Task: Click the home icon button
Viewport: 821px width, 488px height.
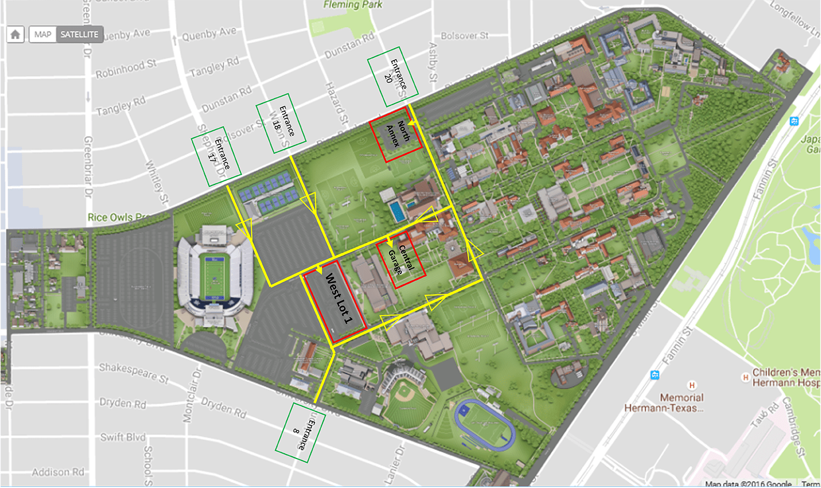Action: pos(15,34)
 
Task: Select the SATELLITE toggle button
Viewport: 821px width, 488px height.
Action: pos(79,34)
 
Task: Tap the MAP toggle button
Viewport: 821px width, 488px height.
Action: pos(43,34)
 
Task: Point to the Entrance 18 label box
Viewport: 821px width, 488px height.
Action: pos(281,124)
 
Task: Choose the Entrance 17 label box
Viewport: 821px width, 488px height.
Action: pos(216,157)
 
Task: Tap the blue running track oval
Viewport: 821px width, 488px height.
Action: pos(484,425)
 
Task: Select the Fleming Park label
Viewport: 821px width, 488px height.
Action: pos(352,5)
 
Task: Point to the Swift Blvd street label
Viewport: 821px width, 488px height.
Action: pos(123,437)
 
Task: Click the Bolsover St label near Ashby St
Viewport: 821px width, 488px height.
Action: pos(464,36)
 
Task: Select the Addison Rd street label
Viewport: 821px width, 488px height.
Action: pos(58,472)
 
